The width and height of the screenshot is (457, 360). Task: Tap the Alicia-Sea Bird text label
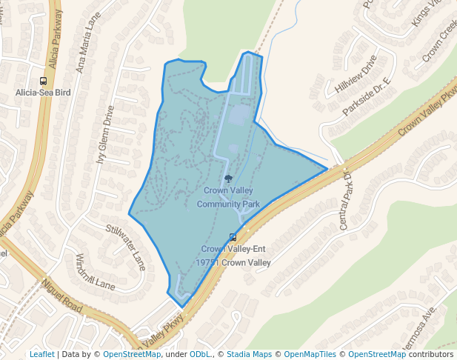pyautogui.click(x=44, y=93)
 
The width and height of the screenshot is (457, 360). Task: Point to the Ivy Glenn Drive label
pyautogui.click(x=105, y=136)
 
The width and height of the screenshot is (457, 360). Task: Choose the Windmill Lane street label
pyautogui.click(x=95, y=272)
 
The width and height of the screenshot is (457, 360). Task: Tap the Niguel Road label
pyautogui.click(x=61, y=295)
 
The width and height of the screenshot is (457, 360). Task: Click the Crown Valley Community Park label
pyautogui.click(x=228, y=197)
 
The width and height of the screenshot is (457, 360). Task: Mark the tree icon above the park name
pyautogui.click(x=228, y=179)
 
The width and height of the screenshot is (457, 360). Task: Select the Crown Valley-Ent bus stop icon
pyautogui.click(x=233, y=237)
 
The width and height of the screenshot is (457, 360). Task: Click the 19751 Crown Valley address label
pyautogui.click(x=233, y=262)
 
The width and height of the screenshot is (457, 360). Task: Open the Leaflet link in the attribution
pyautogui.click(x=41, y=354)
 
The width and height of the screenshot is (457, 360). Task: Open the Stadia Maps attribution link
pyautogui.click(x=249, y=354)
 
